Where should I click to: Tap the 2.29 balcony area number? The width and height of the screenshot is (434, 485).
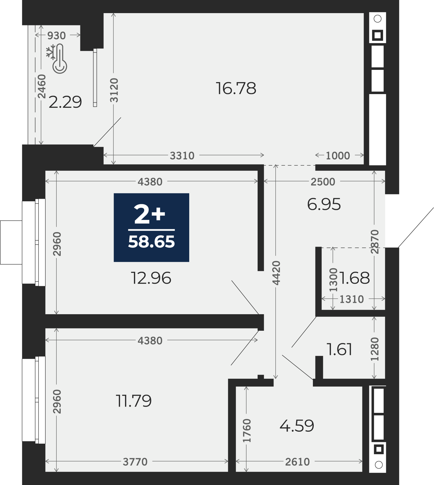[x=65, y=102]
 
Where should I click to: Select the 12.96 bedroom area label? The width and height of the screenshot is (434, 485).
[x=151, y=278]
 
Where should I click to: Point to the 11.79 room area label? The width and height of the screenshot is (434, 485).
[x=134, y=401]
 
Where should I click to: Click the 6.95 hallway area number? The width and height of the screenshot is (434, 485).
[x=324, y=204]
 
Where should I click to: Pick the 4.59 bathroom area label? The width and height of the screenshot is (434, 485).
[x=297, y=426]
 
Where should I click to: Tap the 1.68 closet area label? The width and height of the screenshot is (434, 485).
[x=355, y=278]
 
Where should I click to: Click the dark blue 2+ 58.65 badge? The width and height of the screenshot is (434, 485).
[x=151, y=228]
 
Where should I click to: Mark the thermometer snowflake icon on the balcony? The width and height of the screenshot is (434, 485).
[x=57, y=59]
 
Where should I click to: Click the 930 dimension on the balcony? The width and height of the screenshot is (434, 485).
[x=56, y=36]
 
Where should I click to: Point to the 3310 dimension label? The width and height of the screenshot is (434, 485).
[x=182, y=156]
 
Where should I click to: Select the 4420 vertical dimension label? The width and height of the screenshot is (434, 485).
[x=276, y=273]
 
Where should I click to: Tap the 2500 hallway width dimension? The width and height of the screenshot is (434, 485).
[x=323, y=182]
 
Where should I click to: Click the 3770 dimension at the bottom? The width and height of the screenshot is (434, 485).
[x=135, y=462]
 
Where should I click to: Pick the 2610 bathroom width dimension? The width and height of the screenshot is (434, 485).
[x=298, y=462]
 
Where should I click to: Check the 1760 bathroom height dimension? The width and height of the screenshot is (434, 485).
[x=247, y=431]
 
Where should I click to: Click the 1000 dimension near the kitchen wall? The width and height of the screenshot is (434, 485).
[x=338, y=156]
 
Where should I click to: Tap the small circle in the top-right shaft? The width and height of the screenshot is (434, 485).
[x=378, y=19]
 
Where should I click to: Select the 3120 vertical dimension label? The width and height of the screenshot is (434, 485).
[x=114, y=90]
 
